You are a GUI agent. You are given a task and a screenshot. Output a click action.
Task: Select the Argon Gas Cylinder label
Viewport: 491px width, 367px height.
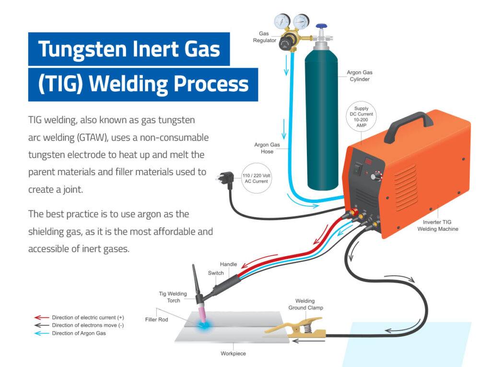point(358,76)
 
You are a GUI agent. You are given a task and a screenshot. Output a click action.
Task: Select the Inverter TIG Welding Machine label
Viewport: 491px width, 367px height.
point(441,225)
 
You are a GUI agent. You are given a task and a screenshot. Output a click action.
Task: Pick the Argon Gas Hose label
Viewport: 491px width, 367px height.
point(264,148)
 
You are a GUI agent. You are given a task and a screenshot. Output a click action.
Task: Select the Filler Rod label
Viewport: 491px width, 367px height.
point(157,319)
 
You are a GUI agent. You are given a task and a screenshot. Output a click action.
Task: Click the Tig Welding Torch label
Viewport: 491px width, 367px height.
point(170,297)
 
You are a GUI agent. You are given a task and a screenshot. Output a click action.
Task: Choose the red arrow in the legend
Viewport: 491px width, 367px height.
point(41,318)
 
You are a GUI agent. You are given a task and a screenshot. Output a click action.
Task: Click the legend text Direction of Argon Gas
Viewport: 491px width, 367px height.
point(79,333)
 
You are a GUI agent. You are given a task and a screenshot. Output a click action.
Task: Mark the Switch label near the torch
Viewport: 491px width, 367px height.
point(216,273)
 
